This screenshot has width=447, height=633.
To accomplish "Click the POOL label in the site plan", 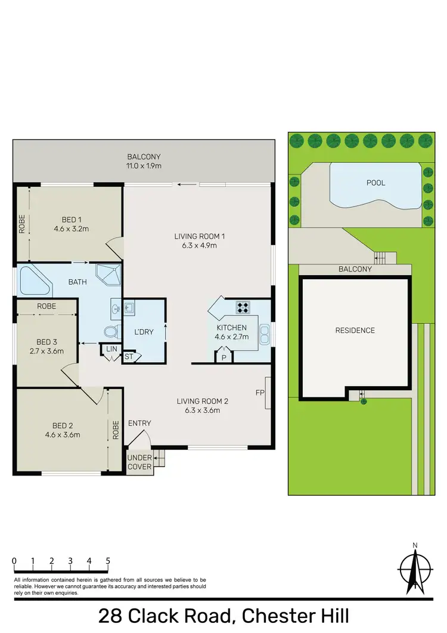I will pos(375,183).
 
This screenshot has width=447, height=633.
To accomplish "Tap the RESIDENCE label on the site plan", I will pos(355,330).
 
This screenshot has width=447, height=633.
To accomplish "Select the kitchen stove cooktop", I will pos(244,308).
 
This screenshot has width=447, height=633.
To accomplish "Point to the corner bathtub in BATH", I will pos(35,281).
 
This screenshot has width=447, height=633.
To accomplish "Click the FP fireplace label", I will pos(259,393).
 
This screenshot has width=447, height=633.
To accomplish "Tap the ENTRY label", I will pos(139,423).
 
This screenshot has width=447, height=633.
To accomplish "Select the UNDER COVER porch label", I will pos(140,462).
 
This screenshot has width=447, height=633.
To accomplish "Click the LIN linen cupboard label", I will pos(111,349).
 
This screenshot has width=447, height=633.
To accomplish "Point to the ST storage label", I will pos(129,357).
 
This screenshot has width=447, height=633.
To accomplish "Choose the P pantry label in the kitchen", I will pos(223,357).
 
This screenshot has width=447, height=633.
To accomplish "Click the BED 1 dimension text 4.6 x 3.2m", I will pos(76,228).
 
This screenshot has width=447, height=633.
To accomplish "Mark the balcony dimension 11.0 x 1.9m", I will pos(144,165).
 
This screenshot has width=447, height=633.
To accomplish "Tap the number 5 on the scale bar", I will pos(108,561).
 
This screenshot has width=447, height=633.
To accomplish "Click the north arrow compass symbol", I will pos(415,570).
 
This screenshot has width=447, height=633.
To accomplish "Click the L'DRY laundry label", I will pos(144,332).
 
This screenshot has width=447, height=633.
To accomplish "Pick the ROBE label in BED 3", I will pos(46,305).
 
